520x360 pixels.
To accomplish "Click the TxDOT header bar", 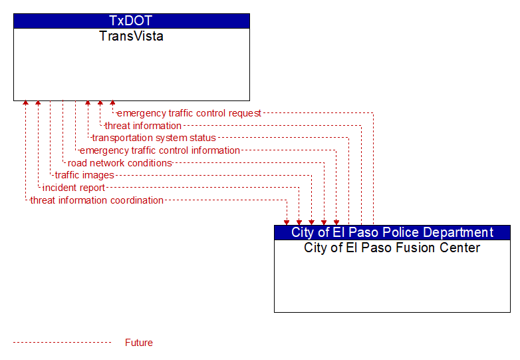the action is point(131,21).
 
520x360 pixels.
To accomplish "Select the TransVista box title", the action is point(131,36).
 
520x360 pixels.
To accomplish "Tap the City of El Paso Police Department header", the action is point(392,233).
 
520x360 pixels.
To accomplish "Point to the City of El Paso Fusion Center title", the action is point(392,248).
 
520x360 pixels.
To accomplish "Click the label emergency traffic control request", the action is point(189,113).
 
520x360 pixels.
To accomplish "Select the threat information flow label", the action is point(143,126).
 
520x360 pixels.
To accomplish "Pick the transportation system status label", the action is point(154,138).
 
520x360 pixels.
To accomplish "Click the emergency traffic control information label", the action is point(160,150).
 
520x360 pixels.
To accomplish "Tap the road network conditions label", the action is point(120,163).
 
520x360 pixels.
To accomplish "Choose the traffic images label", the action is point(84,175).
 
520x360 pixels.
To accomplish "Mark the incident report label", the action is point(74,188).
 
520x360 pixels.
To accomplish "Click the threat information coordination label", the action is point(96,200).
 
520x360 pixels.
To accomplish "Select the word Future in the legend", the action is point(138,343).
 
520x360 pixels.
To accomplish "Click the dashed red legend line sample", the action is point(62,343).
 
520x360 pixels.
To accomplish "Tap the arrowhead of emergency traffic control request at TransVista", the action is point(112,103).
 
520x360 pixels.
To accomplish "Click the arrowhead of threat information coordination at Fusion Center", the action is point(287,223).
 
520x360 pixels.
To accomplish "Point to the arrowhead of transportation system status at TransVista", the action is point(88,103).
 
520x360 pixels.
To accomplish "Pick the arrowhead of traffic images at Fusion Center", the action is point(311,223).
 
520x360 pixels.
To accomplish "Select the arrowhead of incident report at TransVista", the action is point(38,103).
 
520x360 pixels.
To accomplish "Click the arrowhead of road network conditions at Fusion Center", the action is point(324,223).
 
